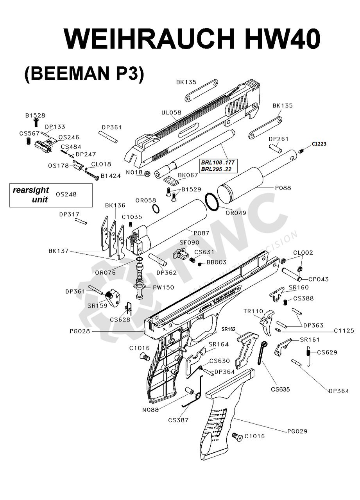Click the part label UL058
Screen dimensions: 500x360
[171, 112]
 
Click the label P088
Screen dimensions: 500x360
[283, 188]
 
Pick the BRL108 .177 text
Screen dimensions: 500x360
[219, 162]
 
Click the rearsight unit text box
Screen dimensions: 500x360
[51, 195]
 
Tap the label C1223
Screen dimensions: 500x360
[319, 144]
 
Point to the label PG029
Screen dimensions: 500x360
[297, 431]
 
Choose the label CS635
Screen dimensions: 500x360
[280, 389]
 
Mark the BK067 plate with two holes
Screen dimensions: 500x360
[170, 180]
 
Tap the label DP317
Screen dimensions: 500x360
[69, 214]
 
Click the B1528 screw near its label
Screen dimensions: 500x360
[36, 123]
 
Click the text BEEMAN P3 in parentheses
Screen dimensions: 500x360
[84, 73]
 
